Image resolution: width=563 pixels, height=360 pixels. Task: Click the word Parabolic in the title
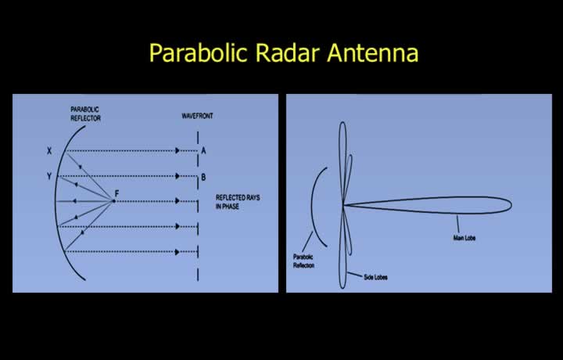pos(198,52)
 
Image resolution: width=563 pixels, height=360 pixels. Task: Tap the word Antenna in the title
pos(373,52)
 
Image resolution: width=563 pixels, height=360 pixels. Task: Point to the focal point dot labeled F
pos(113,201)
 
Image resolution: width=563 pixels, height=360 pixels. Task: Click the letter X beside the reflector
pos(49,151)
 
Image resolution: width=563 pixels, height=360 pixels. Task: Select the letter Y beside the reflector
pos(49,176)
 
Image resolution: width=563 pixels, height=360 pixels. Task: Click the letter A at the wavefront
pos(203,151)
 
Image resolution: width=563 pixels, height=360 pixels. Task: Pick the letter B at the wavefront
pos(203,177)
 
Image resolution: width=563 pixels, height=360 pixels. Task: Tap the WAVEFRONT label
pos(197,116)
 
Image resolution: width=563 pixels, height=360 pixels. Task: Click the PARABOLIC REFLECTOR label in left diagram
pos(85,114)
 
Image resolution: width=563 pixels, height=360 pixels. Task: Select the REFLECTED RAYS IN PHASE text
pos(238,202)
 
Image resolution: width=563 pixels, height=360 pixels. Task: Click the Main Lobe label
pos(464,238)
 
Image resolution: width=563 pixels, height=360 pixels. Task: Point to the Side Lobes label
pos(375,277)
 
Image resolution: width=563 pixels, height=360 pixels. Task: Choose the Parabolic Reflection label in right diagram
pos(303,261)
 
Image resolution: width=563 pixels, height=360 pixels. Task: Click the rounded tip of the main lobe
pos(511,206)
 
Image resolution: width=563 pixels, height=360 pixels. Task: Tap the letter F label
pos(117,193)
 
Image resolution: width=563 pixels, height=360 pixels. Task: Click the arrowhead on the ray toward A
pos(177,150)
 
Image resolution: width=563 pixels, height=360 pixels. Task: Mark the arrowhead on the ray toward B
pos(177,176)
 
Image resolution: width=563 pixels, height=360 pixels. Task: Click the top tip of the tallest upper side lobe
pos(342,123)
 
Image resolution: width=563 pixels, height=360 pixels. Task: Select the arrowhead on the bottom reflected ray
pos(177,252)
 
